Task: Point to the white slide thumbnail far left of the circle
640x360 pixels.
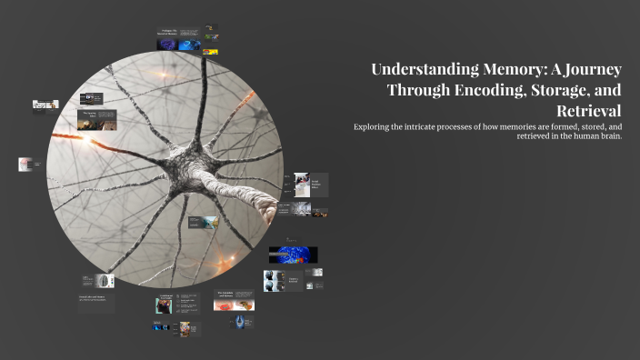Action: click(25, 165)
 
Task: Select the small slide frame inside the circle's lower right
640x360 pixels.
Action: click(203, 222)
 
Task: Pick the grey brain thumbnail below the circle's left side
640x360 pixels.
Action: click(105, 280)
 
